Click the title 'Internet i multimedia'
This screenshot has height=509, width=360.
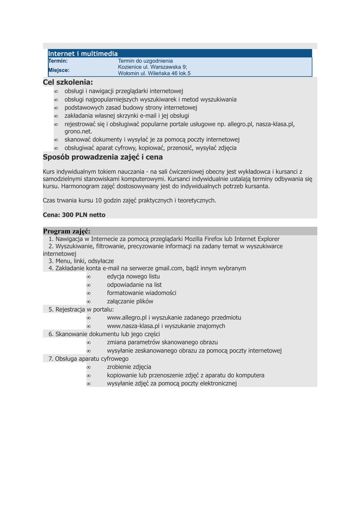[83, 53]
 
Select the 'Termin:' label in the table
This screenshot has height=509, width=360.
[58, 61]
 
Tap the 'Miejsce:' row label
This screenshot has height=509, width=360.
[59, 70]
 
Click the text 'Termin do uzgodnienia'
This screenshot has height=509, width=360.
[145, 61]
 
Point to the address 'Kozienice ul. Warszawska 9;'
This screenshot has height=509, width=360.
[152, 67]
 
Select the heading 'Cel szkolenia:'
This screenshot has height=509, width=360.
[68, 82]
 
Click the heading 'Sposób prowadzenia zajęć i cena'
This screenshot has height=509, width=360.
[103, 157]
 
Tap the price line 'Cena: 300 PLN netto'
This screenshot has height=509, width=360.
[74, 215]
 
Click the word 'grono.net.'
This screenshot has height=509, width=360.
[79, 131]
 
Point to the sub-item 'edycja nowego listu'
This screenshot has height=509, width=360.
[133, 276]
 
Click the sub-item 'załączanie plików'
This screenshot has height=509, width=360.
[130, 301]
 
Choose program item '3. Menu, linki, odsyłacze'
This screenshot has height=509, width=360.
[81, 260]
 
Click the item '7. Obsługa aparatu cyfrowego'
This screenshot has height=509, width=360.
[89, 358]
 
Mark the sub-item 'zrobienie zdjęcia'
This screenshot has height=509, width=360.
[129, 367]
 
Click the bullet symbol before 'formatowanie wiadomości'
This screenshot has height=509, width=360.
[89, 293]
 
